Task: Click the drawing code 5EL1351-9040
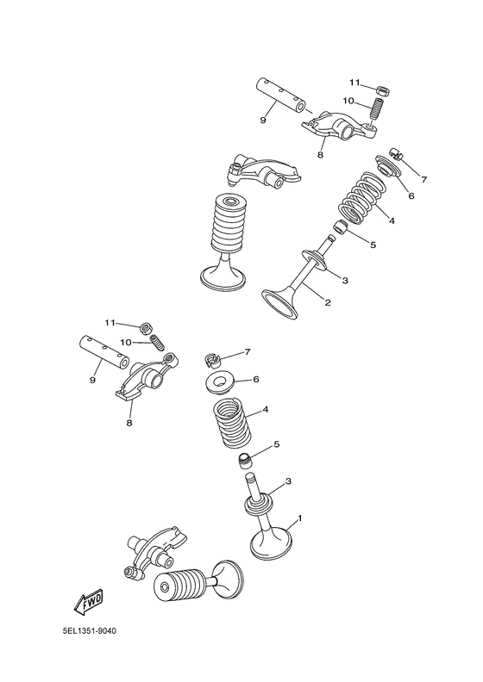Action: (x=90, y=631)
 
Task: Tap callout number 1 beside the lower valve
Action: (x=299, y=518)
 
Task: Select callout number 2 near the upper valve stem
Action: (x=328, y=302)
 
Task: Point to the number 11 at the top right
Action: (x=355, y=82)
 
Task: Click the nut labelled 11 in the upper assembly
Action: (x=382, y=90)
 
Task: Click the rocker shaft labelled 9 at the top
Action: (x=279, y=95)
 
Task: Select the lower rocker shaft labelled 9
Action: (x=103, y=352)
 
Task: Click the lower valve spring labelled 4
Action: (x=232, y=423)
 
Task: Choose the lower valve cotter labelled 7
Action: (x=212, y=358)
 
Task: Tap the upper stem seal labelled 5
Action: (x=341, y=227)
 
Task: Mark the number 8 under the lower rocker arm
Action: (x=129, y=422)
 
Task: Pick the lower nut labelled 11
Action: (x=147, y=328)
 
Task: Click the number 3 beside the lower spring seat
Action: (x=288, y=481)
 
